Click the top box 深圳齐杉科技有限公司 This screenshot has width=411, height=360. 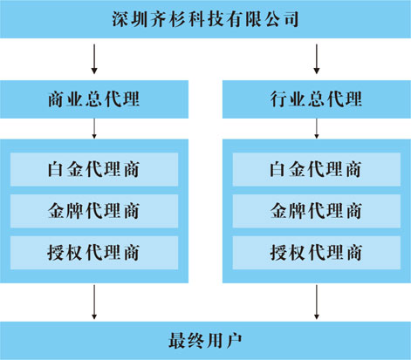(205, 19)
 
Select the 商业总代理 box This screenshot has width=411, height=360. (94, 99)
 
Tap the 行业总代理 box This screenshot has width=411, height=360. (317, 99)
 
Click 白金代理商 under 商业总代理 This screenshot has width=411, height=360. (94, 169)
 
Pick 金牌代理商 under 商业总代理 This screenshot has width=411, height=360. (94, 211)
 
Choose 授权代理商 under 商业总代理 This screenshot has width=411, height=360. (94, 253)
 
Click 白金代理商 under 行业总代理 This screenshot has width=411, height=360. (317, 169)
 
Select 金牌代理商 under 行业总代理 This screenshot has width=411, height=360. (317, 211)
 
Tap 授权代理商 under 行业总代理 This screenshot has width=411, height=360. (317, 253)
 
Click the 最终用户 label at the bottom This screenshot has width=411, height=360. (205, 341)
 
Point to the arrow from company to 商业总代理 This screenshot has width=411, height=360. (94, 59)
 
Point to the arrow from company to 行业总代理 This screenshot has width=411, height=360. (317, 59)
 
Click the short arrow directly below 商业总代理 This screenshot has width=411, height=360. (94, 128)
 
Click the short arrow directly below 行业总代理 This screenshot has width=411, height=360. (317, 128)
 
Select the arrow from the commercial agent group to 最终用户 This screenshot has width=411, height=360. (94, 302)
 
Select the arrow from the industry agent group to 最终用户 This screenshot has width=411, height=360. (317, 302)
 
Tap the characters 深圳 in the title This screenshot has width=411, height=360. (131, 19)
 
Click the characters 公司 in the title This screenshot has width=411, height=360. (280, 19)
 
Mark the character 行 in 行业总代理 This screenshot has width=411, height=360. (279, 99)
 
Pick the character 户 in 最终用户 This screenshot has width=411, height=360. (234, 341)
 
